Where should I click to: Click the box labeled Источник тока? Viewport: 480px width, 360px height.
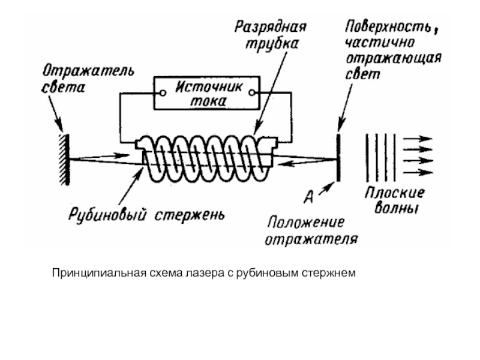click(x=208, y=93)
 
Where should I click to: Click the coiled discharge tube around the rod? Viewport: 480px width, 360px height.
click(x=207, y=157)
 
